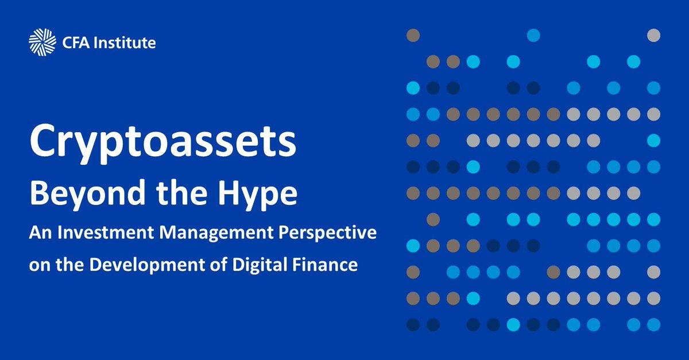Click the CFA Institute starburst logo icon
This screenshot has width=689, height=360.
click(x=41, y=42)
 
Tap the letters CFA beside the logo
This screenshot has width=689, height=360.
click(x=73, y=42)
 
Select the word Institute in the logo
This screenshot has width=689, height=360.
click(x=123, y=42)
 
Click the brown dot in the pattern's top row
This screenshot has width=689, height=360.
click(x=413, y=35)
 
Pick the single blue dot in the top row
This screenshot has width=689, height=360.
click(x=533, y=35)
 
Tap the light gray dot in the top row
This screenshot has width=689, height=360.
click(x=653, y=35)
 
